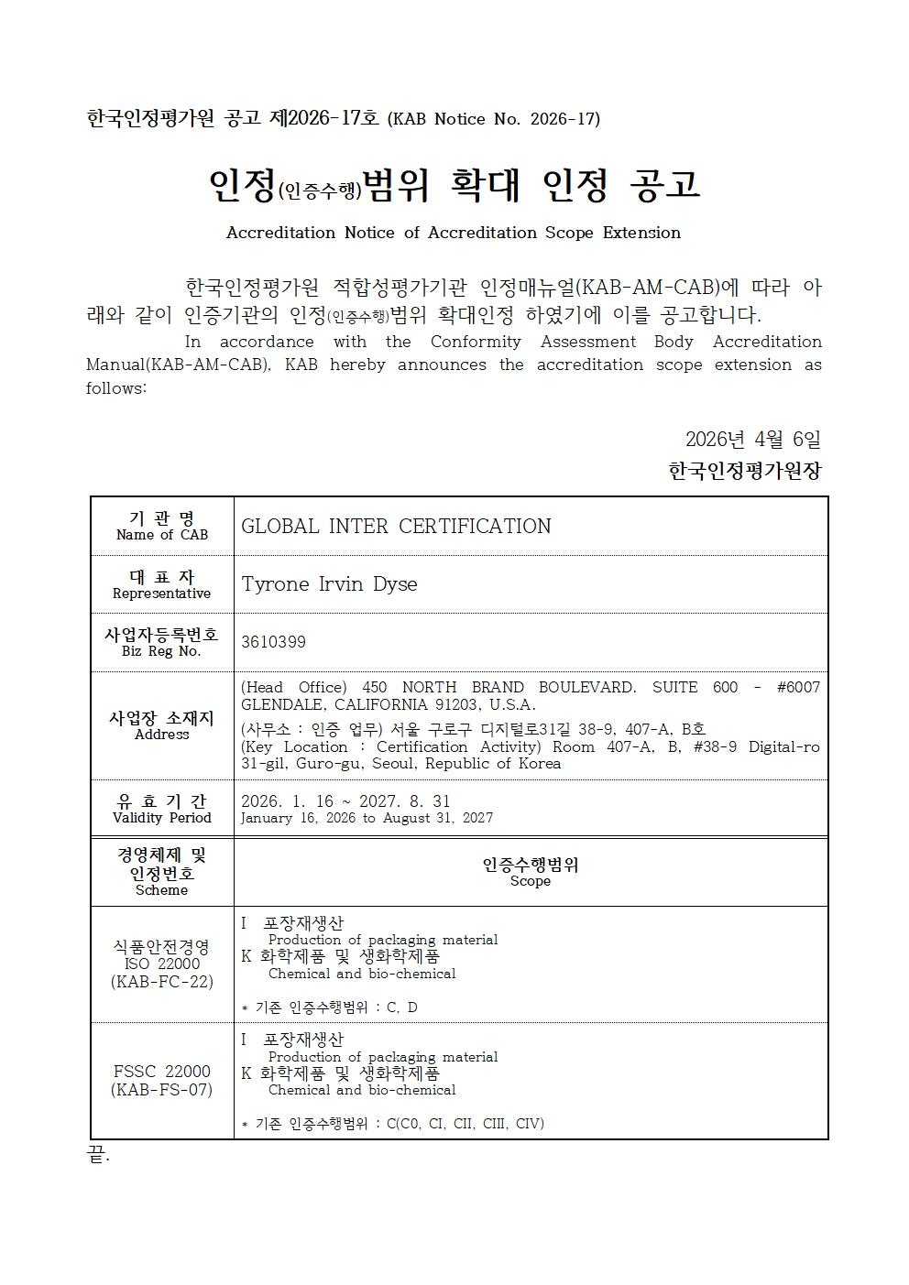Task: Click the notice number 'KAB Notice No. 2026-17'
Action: pyautogui.click(x=494, y=119)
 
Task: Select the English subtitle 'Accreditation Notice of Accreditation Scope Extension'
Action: pyautogui.click(x=454, y=233)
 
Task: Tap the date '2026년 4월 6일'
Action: pyautogui.click(x=752, y=439)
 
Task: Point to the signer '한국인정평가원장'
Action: pyautogui.click(x=745, y=471)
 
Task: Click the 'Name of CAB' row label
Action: pyautogui.click(x=162, y=535)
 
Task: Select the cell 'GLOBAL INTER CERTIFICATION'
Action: pyautogui.click(x=396, y=527)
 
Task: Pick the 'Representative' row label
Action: pyautogui.click(x=162, y=593)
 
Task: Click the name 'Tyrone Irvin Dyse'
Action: pyautogui.click(x=329, y=584)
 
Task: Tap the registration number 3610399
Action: pyautogui.click(x=273, y=642)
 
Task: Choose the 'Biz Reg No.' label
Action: pyautogui.click(x=161, y=651)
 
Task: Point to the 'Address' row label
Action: pyautogui.click(x=162, y=735)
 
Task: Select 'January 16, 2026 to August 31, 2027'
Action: pyautogui.click(x=367, y=818)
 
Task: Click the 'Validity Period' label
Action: pyautogui.click(x=162, y=818)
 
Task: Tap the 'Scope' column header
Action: pyautogui.click(x=531, y=881)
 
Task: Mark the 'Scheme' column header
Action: pyautogui.click(x=161, y=890)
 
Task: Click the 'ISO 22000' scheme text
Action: pyautogui.click(x=162, y=964)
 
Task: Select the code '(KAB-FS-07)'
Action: pyautogui.click(x=162, y=1090)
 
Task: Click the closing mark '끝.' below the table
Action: pyautogui.click(x=97, y=1157)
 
